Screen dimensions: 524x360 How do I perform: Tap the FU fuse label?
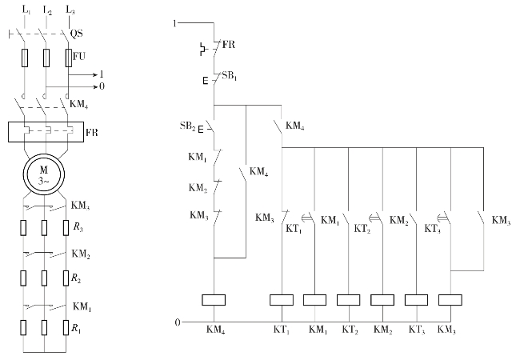point(78,57)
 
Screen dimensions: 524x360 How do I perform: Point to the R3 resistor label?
point(77,229)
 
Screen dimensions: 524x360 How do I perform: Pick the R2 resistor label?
point(77,279)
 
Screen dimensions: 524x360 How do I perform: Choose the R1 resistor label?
point(77,328)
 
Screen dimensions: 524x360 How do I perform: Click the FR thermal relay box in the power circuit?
point(46,130)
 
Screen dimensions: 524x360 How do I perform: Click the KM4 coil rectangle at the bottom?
point(214,300)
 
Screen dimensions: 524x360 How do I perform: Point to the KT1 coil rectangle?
point(282,300)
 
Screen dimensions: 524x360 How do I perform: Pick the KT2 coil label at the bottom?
point(350,330)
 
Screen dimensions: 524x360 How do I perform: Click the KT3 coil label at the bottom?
point(417,330)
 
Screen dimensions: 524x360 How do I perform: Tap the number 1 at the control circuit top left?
point(174,24)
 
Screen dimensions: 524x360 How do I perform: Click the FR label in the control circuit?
point(229,46)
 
